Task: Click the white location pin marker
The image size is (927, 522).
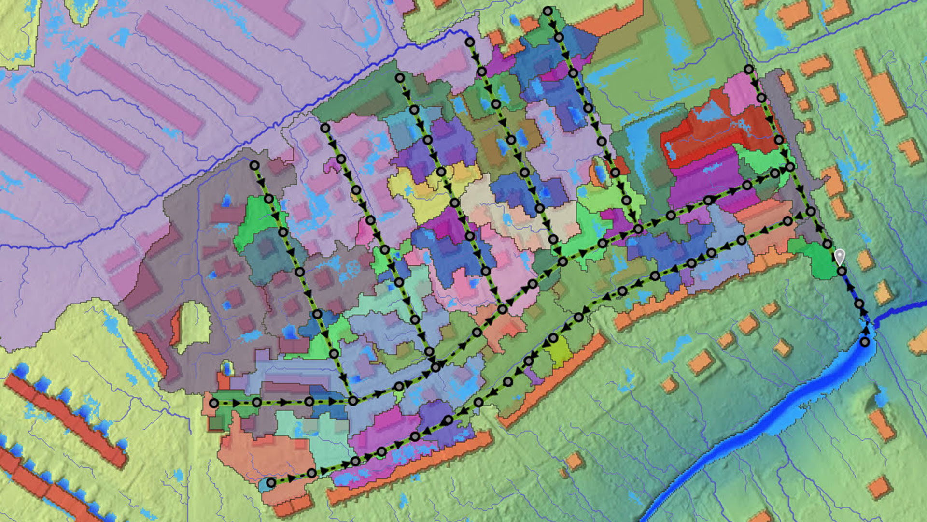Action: point(840,257)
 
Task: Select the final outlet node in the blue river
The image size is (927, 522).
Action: point(865,342)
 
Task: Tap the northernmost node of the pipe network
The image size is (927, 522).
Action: point(548,11)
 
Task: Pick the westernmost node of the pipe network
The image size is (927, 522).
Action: point(213,403)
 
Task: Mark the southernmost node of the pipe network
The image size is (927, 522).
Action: point(271,482)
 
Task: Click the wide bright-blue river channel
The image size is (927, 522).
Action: point(772,416)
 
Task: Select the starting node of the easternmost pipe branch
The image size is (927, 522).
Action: point(748,69)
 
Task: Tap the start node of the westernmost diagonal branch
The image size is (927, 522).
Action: point(254,166)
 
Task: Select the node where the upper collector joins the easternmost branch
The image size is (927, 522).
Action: point(790,167)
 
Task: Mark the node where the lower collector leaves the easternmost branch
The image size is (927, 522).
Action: point(811,211)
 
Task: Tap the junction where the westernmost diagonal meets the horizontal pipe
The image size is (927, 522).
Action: point(353,401)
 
